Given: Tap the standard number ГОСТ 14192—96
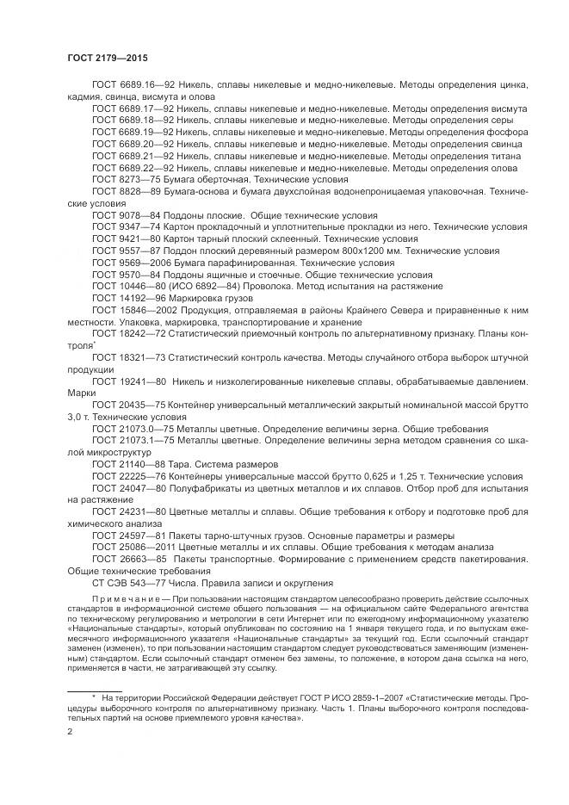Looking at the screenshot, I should pos(121,297).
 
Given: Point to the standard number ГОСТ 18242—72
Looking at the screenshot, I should pos(121,332).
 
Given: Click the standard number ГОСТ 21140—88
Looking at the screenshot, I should pos(121,463).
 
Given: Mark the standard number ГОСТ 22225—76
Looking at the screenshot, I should pos(121,475).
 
